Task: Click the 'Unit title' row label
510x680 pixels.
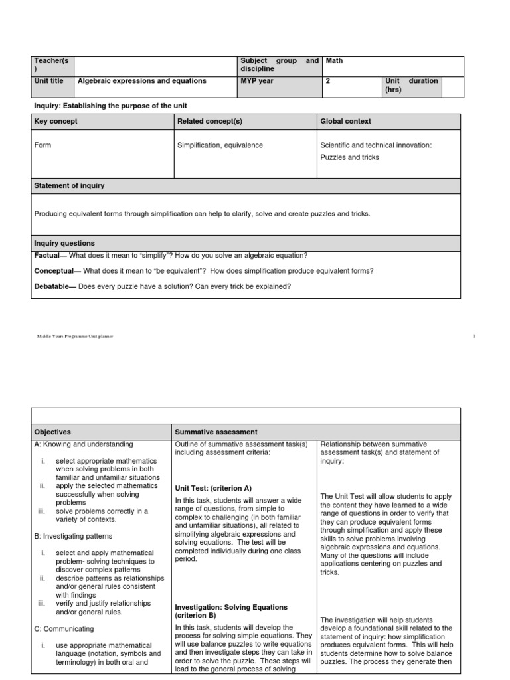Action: point(48,81)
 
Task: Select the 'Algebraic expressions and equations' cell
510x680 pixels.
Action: point(142,81)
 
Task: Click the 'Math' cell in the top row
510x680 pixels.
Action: point(335,61)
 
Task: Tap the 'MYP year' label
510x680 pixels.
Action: point(257,81)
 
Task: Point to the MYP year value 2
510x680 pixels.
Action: point(328,81)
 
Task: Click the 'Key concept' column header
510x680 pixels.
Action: point(56,121)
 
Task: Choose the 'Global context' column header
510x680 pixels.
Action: point(345,121)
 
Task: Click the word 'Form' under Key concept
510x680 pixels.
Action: point(42,145)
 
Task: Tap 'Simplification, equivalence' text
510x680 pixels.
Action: point(220,145)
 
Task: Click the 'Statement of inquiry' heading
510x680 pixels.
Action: point(69,185)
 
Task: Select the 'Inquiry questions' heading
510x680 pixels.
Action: point(64,244)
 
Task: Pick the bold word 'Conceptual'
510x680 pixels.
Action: point(55,270)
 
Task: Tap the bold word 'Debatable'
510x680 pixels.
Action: point(54,286)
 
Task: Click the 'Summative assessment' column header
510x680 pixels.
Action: point(216,432)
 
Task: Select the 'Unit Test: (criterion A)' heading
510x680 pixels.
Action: point(214,487)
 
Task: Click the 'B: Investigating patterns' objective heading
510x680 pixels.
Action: point(73,535)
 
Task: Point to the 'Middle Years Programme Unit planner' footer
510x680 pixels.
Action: point(74,337)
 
